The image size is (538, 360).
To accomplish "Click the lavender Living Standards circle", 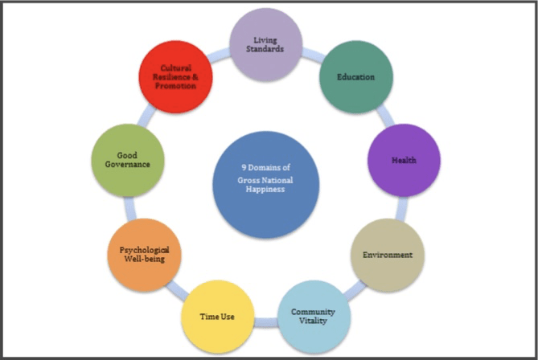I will click(266, 45).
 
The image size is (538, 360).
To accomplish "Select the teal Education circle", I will click(353, 78).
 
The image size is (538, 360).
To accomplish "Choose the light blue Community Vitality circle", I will click(313, 316).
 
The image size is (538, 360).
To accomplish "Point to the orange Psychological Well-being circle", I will click(144, 255).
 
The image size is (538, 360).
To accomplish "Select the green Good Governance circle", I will click(130, 159).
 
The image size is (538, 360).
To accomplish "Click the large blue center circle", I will click(267, 185).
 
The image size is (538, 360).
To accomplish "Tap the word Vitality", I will click(314, 321).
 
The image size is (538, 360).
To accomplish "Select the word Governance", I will click(130, 165).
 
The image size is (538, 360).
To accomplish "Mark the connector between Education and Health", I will click(383, 117).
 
